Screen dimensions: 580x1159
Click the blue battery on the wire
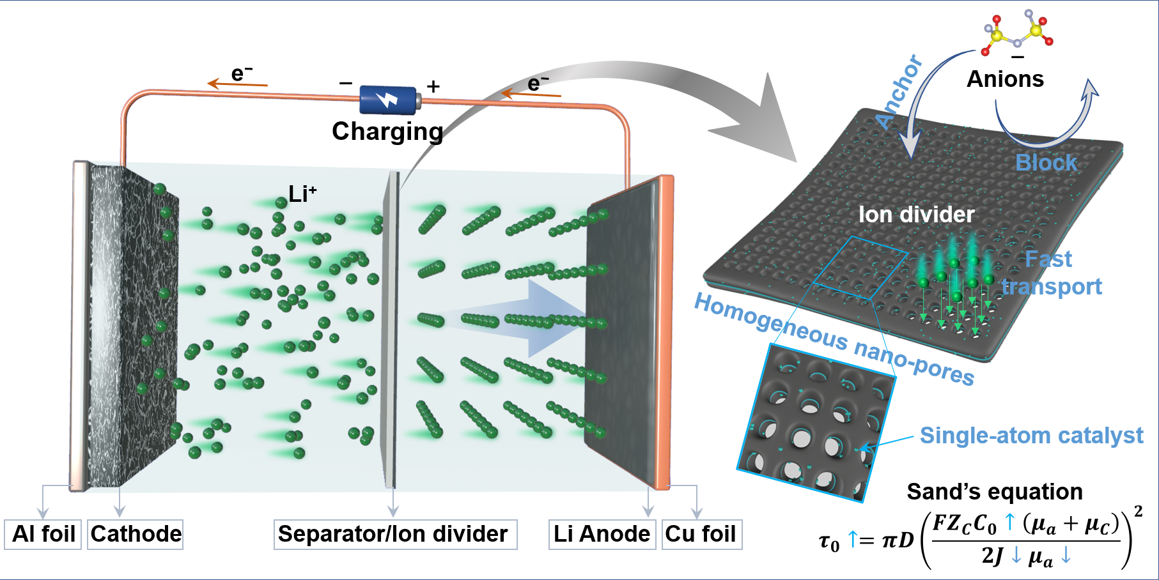click(389, 100)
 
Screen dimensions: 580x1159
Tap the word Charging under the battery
click(387, 132)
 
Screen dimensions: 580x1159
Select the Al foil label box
click(43, 534)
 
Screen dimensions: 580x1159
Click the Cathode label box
click(136, 534)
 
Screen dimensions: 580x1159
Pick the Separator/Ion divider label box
click(394, 534)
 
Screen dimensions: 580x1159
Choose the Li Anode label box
click(602, 534)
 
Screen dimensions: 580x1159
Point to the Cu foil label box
click(701, 534)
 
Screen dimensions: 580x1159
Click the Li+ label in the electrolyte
click(302, 194)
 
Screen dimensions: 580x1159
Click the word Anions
click(1005, 79)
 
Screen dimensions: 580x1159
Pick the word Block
click(1046, 163)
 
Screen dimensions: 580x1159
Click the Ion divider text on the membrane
click(916, 215)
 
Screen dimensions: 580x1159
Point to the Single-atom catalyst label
click(1031, 436)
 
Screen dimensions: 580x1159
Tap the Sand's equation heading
click(995, 492)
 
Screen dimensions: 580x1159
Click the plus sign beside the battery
click(433, 86)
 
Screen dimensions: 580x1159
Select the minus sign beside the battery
click(346, 84)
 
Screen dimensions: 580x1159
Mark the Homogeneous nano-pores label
click(834, 339)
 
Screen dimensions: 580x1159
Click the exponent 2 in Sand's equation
click(1138, 511)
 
